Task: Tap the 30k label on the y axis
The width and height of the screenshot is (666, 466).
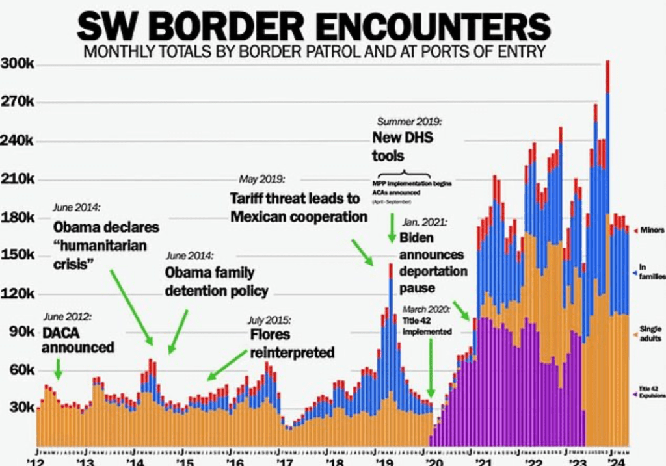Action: (21, 408)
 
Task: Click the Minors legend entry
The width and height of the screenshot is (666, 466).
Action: (650, 230)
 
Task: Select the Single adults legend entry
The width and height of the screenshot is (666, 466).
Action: (650, 333)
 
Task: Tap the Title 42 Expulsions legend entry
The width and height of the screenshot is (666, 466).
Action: (650, 392)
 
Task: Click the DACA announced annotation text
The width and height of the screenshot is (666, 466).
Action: (77, 340)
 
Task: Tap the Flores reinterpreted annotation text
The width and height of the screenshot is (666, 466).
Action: (292, 344)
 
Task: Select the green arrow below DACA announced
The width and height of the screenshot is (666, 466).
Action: (58, 370)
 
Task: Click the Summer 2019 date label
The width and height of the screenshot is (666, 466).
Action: (410, 122)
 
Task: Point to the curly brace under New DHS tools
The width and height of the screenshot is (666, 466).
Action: (403, 174)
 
